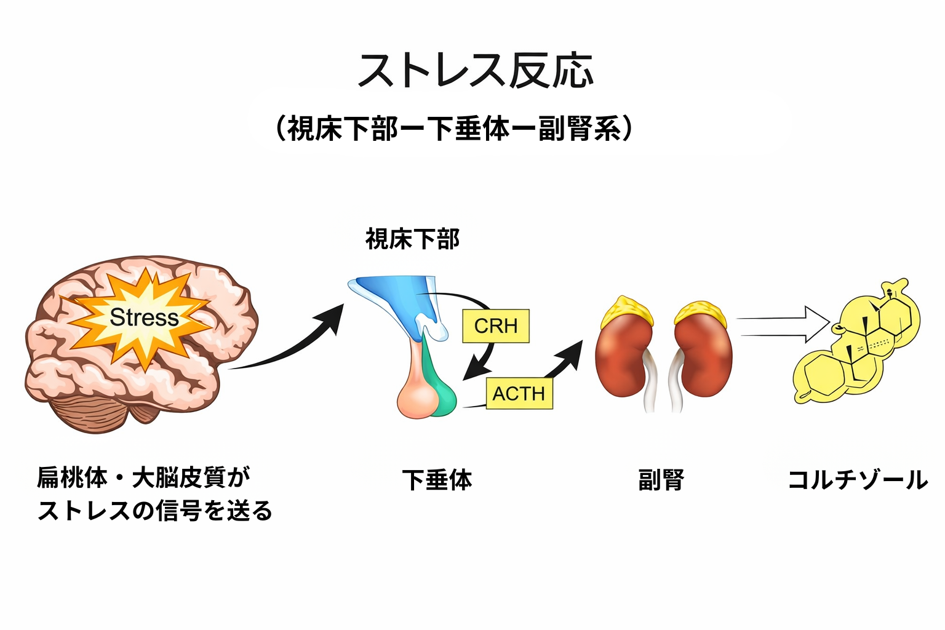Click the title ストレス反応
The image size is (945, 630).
click(x=475, y=70)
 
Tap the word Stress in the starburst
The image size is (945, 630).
click(x=144, y=317)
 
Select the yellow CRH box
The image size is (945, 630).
click(x=496, y=325)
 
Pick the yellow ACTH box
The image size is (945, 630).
click(x=519, y=393)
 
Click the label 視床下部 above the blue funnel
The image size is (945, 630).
click(x=412, y=239)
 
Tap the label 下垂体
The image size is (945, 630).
click(x=437, y=480)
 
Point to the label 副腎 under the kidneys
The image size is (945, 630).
click(x=661, y=480)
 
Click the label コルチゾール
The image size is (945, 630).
click(x=857, y=480)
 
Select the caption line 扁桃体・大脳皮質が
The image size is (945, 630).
click(x=144, y=477)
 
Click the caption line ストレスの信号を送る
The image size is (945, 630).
click(x=155, y=511)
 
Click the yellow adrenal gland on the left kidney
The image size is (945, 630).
click(x=626, y=311)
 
